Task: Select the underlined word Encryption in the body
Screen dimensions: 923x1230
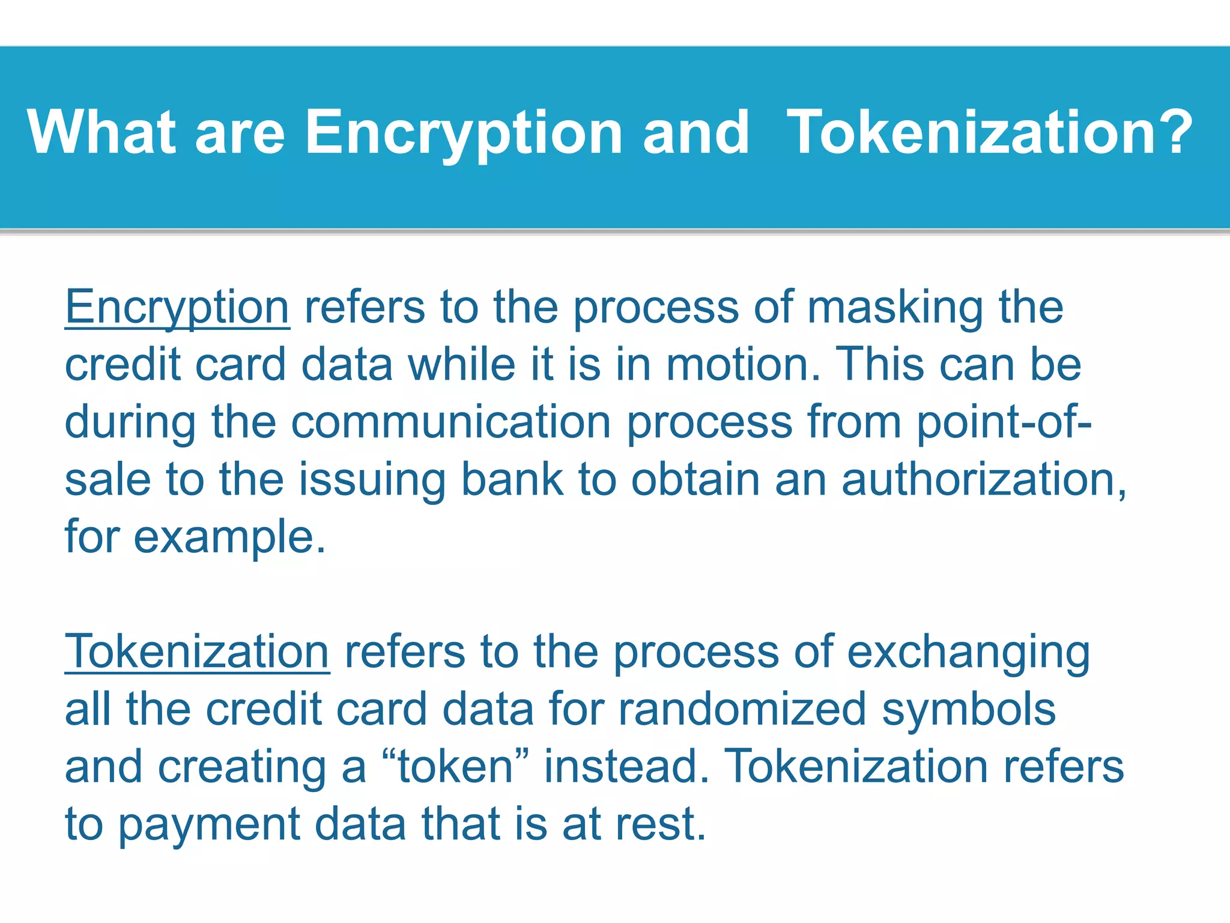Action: (177, 308)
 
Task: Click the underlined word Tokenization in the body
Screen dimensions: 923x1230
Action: (197, 652)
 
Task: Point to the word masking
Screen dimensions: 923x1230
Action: (895, 308)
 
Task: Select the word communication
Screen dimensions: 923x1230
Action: (451, 422)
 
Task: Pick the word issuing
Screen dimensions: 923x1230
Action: (372, 480)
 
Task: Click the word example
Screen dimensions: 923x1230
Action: (229, 537)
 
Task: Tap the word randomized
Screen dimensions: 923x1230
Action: (742, 709)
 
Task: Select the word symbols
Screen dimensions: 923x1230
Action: (969, 709)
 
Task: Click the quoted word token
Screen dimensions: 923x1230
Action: (456, 767)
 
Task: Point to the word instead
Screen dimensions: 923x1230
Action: (626, 767)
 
